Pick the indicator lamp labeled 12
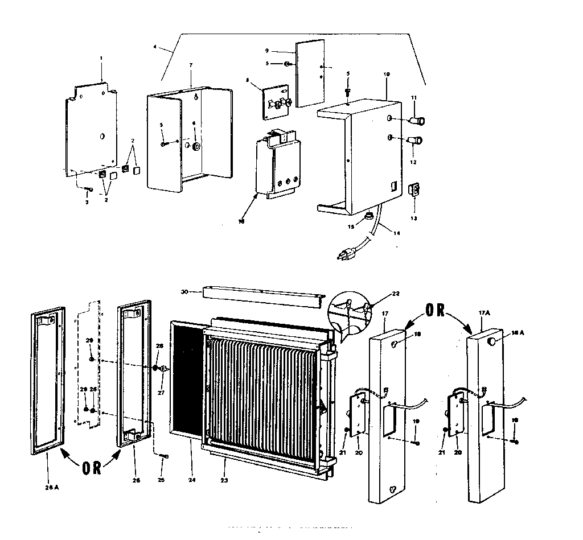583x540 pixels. coord(415,141)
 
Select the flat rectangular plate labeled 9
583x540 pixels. coord(310,73)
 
